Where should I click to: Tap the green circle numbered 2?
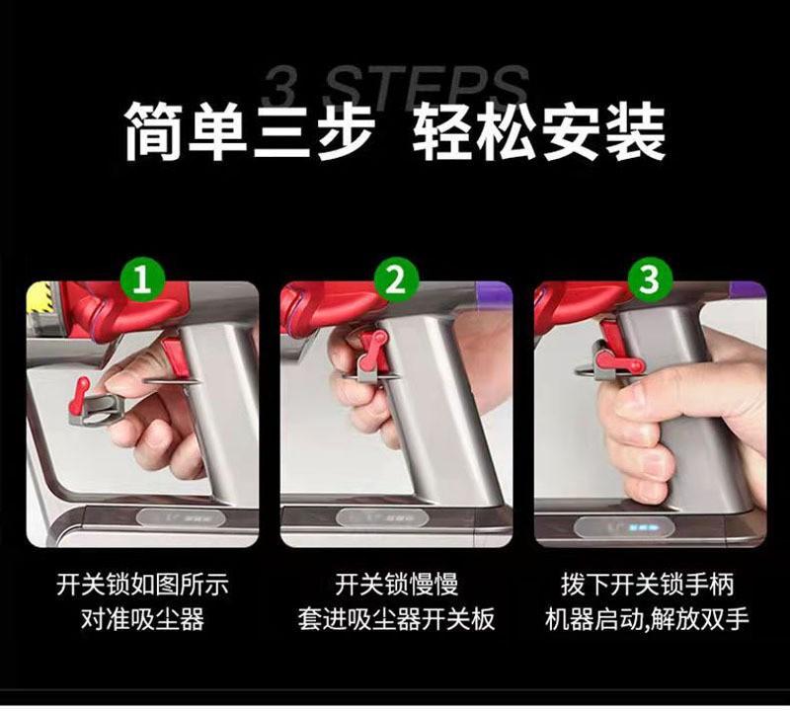coord(396,280)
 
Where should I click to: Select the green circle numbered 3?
coord(649,280)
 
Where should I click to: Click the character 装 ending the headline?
coord(635,131)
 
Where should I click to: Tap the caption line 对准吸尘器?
coord(142,619)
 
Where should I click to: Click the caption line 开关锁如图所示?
coord(142,585)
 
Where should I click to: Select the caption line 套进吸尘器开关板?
coord(397,619)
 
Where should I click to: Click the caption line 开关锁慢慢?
coord(397,585)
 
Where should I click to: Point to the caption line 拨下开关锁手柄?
coord(648,585)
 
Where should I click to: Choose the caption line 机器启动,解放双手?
coord(648,619)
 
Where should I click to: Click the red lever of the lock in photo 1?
coord(79,395)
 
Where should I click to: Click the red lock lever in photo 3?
coord(619,361)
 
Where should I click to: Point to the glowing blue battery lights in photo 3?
coord(642,528)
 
